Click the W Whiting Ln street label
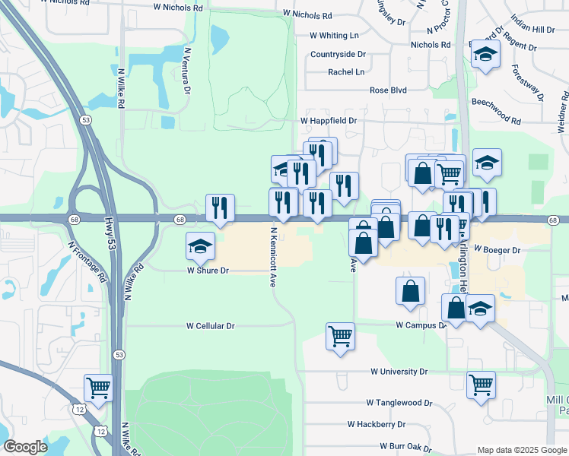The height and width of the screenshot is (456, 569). tap(334, 36)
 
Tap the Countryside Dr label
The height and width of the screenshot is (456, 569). tap(338, 55)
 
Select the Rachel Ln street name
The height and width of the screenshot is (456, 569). tap(346, 72)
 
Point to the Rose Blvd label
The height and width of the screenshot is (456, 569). tap(388, 90)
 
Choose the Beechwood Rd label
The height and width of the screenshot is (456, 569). tap(496, 121)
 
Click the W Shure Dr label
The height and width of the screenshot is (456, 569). tap(208, 270)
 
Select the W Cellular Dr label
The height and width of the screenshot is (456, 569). tap(211, 325)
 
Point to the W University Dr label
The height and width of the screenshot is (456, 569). tap(399, 372)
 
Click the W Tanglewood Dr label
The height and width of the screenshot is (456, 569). tap(399, 402)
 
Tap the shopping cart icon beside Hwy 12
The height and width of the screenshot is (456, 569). tap(99, 388)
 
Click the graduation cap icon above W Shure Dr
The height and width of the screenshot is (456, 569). tap(200, 245)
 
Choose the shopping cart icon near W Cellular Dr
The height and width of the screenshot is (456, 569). tap(340, 335)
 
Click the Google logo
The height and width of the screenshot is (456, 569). tap(25, 447)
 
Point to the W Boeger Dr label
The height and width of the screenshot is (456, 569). tap(496, 249)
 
